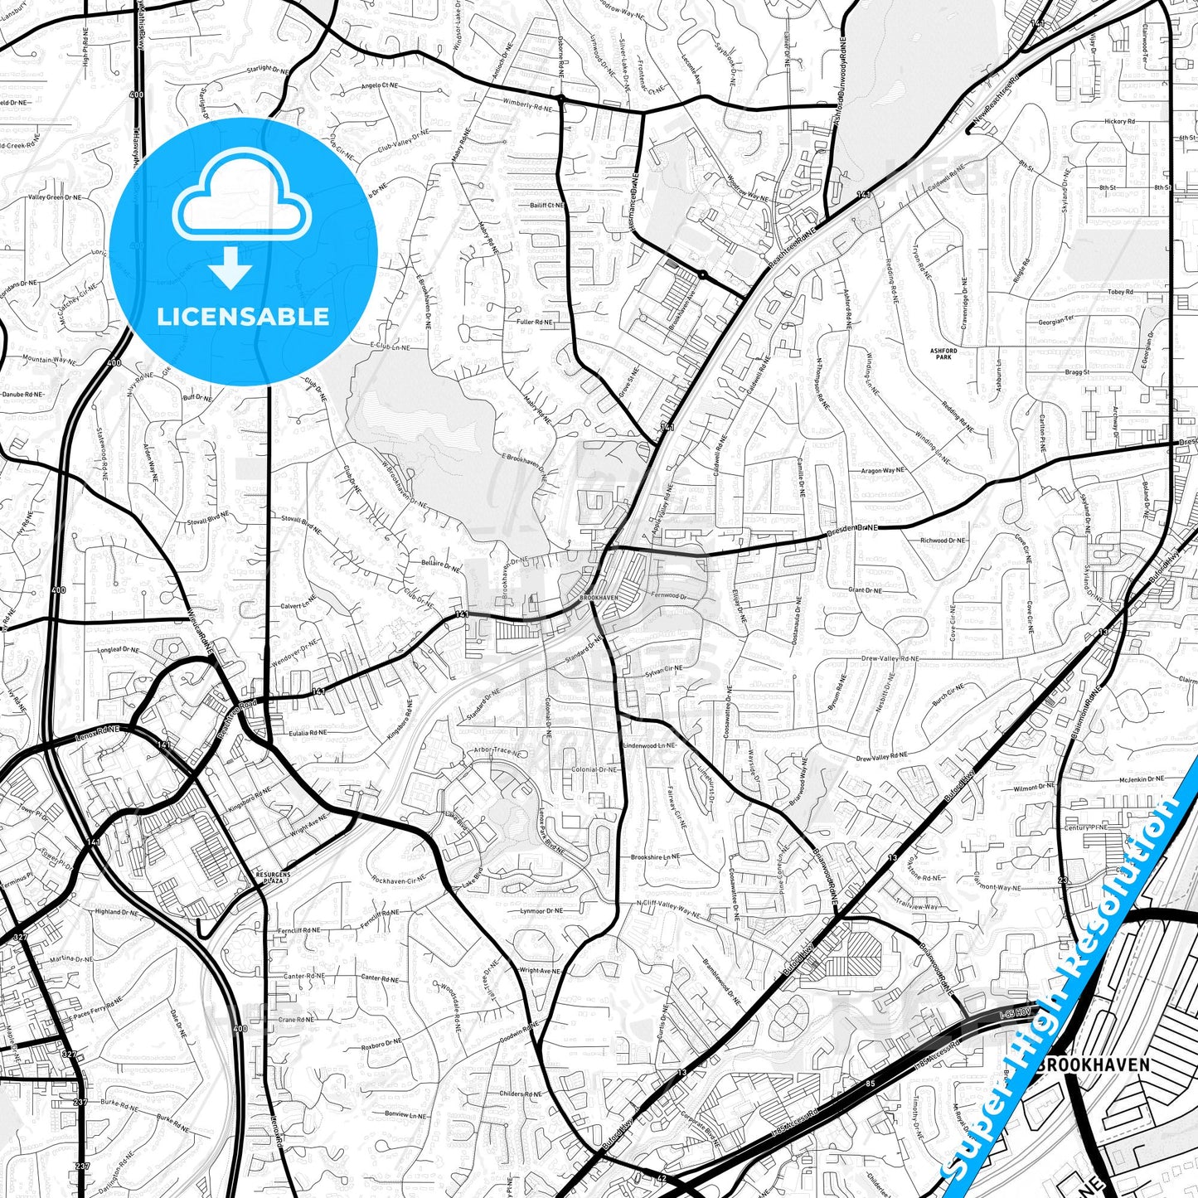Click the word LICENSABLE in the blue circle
pyautogui.click(x=243, y=317)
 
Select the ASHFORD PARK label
pyautogui.click(x=943, y=353)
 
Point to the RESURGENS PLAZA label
pyautogui.click(x=269, y=878)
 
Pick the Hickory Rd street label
pyautogui.click(x=1120, y=122)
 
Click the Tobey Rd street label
pyautogui.click(x=1120, y=293)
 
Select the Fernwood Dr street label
pyautogui.click(x=669, y=596)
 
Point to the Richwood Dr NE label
pyautogui.click(x=943, y=541)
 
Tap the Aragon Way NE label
pyautogui.click(x=882, y=471)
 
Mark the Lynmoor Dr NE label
pyautogui.click(x=542, y=911)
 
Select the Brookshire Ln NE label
pyautogui.click(x=655, y=857)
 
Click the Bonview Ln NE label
pyautogui.click(x=405, y=1115)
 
